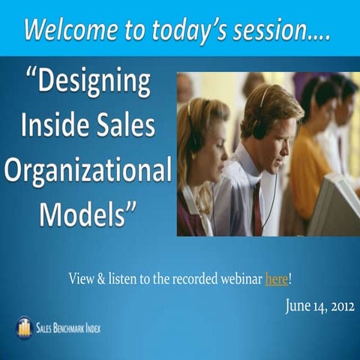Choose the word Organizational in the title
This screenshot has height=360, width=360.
[x=88, y=170]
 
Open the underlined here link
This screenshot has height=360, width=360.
[x=276, y=280]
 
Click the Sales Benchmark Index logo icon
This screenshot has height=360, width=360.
[x=24, y=328]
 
